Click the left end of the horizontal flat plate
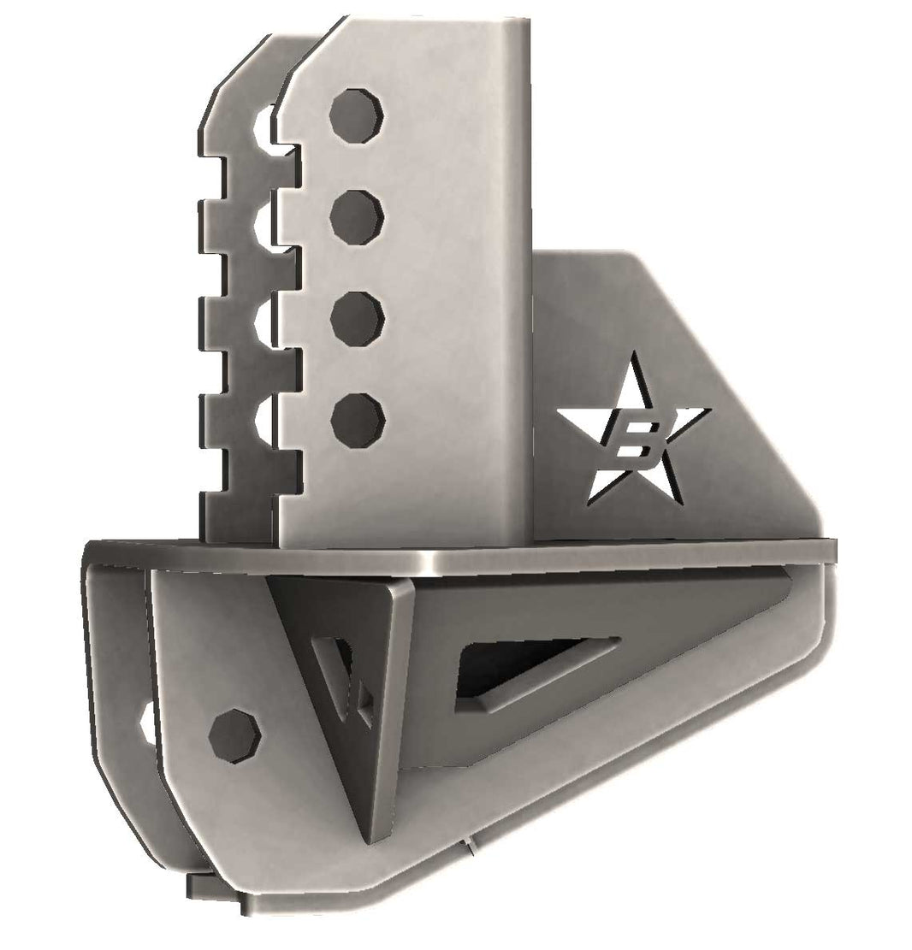pyautogui.click(x=96, y=547)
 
